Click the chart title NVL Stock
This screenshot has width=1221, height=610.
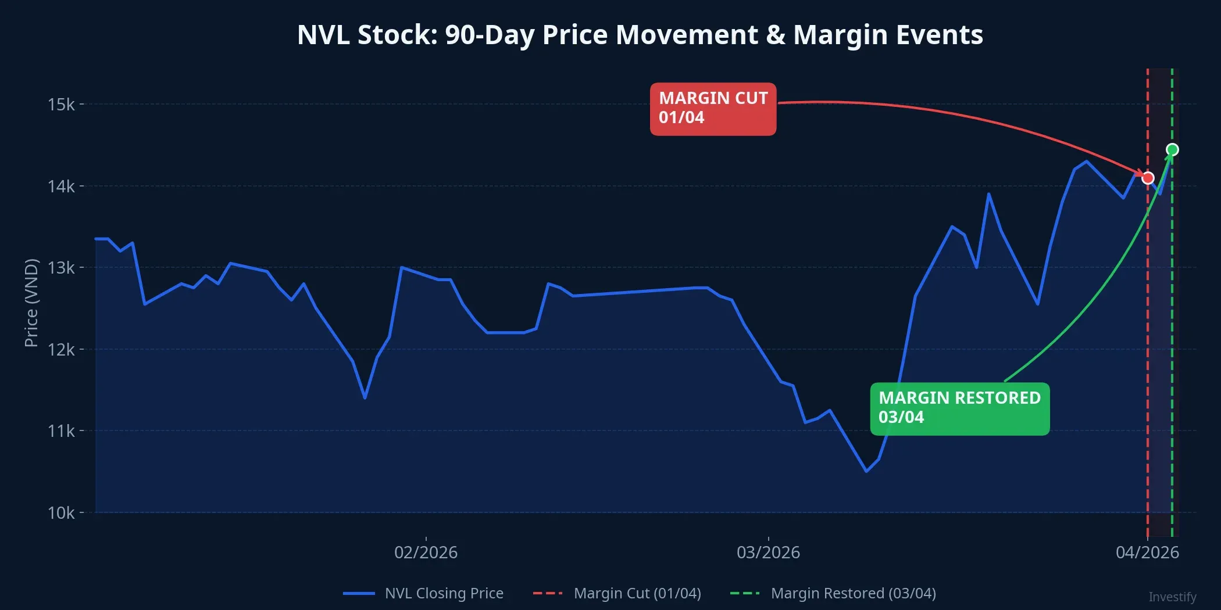(640, 35)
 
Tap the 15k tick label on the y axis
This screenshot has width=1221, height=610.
(61, 105)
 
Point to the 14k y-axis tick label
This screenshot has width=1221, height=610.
(61, 186)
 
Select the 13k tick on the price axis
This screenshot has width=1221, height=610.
(61, 268)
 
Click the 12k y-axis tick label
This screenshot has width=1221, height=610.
(61, 350)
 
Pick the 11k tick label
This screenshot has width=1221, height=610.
(61, 431)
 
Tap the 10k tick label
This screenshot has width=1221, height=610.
(61, 513)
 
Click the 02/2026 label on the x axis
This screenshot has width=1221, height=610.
(426, 552)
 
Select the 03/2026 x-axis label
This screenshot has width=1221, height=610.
(768, 552)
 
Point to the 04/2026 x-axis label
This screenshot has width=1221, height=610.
(1147, 552)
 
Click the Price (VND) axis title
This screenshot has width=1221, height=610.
(31, 302)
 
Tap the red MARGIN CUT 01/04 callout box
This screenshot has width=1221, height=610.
(713, 109)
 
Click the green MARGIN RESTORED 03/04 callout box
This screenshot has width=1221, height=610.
(959, 408)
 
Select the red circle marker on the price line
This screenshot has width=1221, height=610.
(1148, 178)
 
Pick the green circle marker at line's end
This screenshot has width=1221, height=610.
(1172, 150)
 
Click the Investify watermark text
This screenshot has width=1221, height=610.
(1172, 597)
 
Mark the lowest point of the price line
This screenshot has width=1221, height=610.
(866, 471)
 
